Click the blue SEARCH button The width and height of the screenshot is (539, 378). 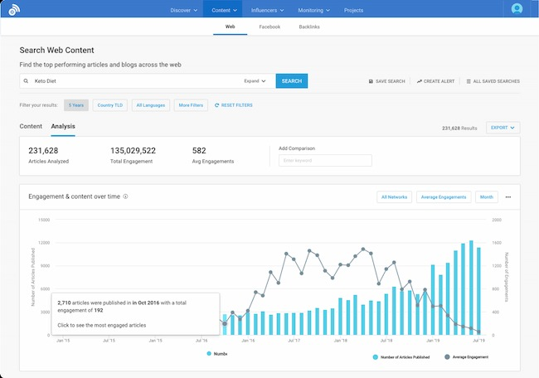[291, 81]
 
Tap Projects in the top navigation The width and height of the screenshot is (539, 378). [354, 11]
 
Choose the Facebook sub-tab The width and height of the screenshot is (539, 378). [269, 27]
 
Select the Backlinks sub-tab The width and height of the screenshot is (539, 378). [309, 27]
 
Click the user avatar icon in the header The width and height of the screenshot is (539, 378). [517, 9]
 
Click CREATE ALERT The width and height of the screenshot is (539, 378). [435, 81]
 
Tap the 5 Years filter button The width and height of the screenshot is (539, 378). [75, 105]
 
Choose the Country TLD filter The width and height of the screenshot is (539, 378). [110, 105]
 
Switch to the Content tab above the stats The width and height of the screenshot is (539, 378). [31, 126]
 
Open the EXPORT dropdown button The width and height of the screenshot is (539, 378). [503, 128]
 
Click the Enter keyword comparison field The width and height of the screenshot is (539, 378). [325, 160]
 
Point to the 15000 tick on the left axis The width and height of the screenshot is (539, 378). [45, 220]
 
